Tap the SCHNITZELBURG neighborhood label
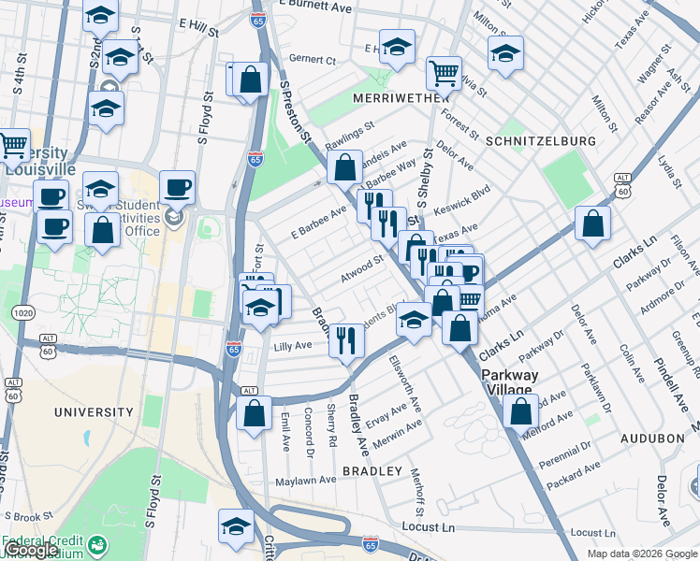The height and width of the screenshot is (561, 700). pyautogui.click(x=541, y=140)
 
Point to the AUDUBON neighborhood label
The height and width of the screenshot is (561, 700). pyautogui.click(x=653, y=438)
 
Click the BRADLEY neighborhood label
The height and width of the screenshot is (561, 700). pyautogui.click(x=372, y=471)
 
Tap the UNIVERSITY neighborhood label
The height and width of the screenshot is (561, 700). pyautogui.click(x=94, y=411)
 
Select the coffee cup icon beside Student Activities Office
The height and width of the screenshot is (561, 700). pyautogui.click(x=177, y=187)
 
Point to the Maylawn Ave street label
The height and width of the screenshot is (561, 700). pyautogui.click(x=305, y=481)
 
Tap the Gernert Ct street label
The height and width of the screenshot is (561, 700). pyautogui.click(x=313, y=59)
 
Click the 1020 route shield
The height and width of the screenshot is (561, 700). pyautogui.click(x=20, y=310)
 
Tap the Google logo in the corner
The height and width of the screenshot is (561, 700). pyautogui.click(x=30, y=551)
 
